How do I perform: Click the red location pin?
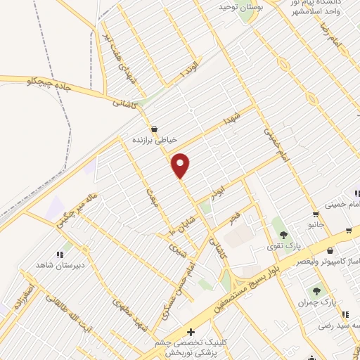181,165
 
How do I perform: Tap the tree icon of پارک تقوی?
284,235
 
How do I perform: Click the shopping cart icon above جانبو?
316,214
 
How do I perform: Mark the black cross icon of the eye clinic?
190,331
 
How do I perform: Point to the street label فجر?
235,219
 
